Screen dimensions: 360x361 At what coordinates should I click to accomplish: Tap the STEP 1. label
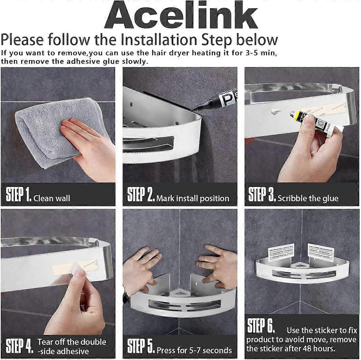pos(19,195)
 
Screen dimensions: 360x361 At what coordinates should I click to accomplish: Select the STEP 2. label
pos(140,195)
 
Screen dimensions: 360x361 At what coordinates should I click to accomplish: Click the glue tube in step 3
pos(314,121)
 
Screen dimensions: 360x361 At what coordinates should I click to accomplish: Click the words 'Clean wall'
pos(52,198)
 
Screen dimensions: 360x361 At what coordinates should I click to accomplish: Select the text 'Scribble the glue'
pos(308,198)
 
